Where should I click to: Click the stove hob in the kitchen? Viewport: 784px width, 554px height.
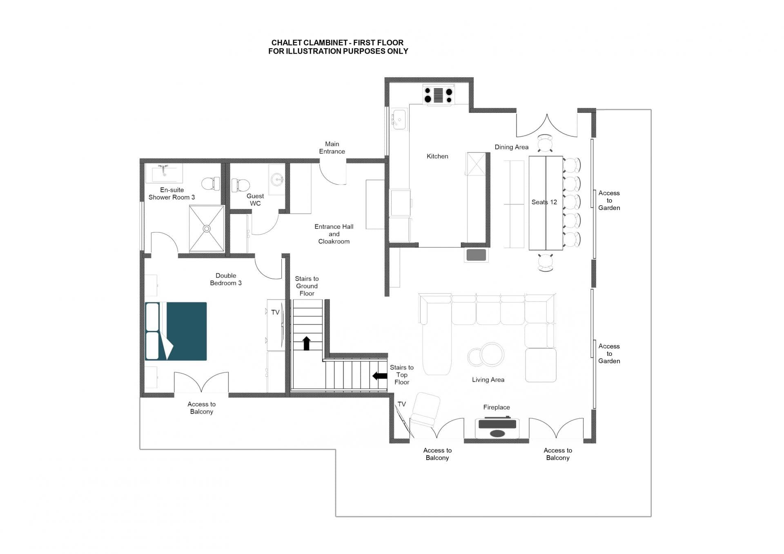438,95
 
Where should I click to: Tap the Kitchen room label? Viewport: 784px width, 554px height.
437,156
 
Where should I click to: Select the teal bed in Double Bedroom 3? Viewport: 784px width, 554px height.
186,331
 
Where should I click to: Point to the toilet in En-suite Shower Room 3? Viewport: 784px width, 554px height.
211,183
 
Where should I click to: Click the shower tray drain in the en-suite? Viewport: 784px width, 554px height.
207,229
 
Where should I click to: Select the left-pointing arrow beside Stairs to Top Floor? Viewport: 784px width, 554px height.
380,376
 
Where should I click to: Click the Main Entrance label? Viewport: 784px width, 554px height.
332,147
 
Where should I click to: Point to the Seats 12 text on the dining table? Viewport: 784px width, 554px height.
544,202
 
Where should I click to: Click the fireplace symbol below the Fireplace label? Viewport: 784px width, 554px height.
497,428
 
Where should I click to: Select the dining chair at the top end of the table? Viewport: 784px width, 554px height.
545,143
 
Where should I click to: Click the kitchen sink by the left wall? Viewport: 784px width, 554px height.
399,119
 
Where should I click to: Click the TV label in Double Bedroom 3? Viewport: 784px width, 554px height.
275,313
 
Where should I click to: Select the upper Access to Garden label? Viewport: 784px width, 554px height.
609,200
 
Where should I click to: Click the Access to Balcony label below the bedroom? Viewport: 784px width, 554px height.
201,408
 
